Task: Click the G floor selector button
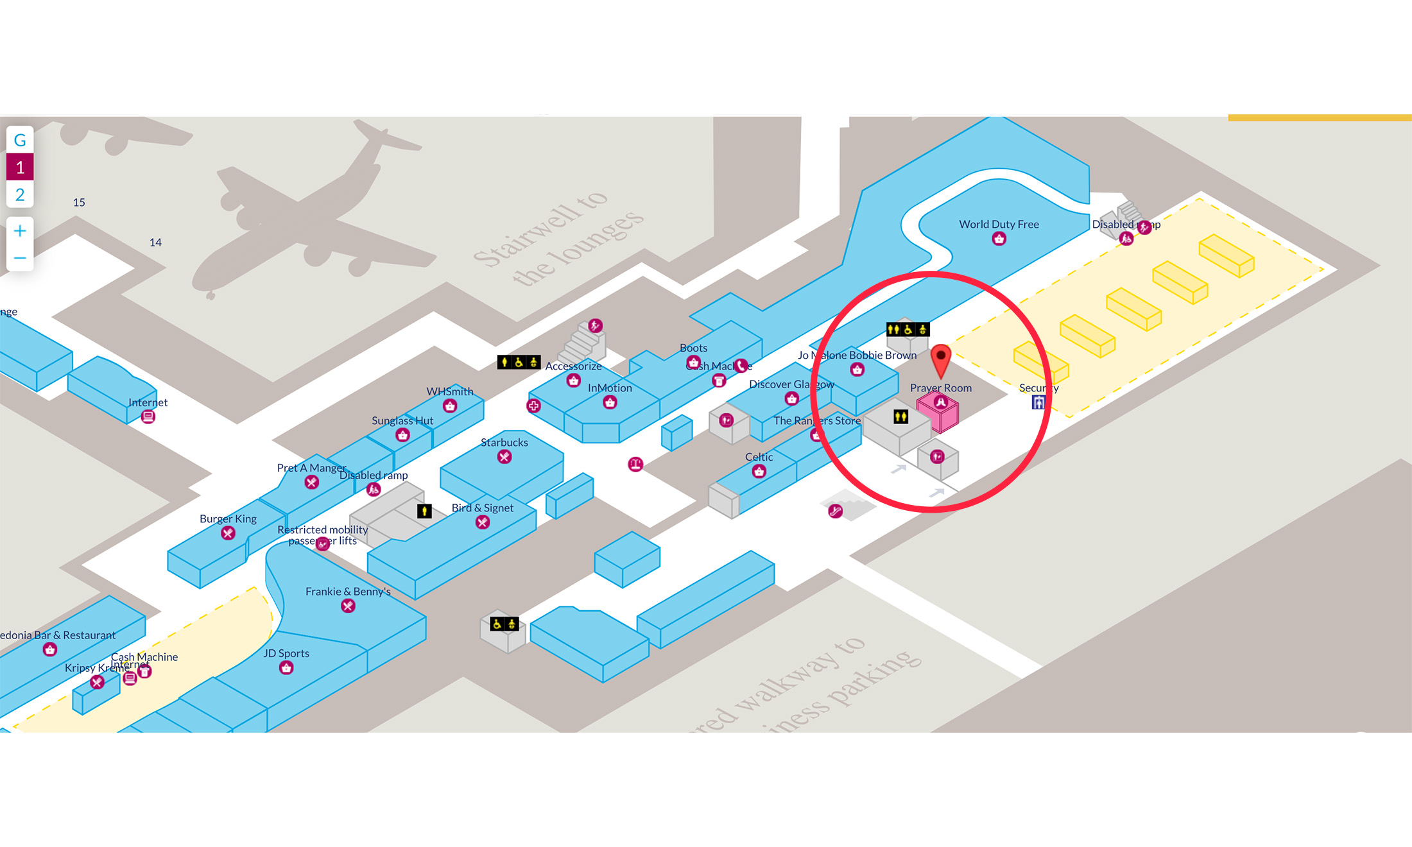[x=20, y=140]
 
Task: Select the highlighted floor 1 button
[x=20, y=167]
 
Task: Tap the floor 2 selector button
[x=20, y=194]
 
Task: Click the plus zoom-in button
[x=20, y=231]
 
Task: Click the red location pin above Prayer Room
[x=940, y=360]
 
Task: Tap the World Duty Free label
[x=999, y=224]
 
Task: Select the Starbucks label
[x=504, y=442]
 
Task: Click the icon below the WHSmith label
[x=450, y=406]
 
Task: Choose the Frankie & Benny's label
[x=348, y=591]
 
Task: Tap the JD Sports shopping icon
[x=286, y=668]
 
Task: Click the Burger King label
[x=228, y=518]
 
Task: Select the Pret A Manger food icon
[x=311, y=483]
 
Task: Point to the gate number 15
[x=79, y=202]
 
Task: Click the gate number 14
[x=155, y=242]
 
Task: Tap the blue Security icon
[x=1038, y=402]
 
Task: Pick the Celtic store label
[x=759, y=457]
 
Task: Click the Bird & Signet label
[x=482, y=508]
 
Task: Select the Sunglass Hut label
[x=402, y=420]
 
